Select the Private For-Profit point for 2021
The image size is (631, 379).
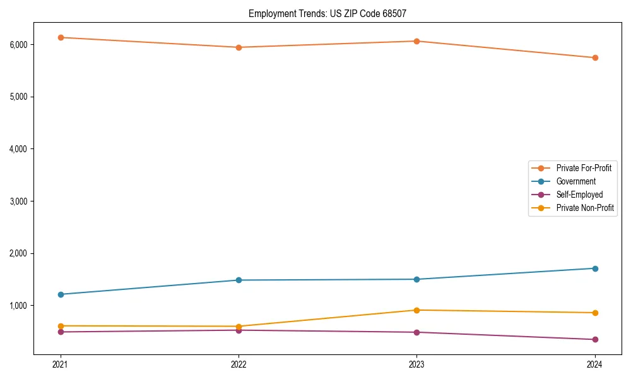tap(61, 37)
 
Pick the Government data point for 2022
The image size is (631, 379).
tap(239, 280)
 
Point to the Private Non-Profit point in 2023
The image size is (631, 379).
tap(416, 310)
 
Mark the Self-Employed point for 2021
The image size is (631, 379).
tap(61, 332)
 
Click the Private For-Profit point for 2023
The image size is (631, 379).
tap(416, 41)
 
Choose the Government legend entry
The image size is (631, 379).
tap(575, 181)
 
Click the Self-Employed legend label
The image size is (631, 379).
tap(579, 195)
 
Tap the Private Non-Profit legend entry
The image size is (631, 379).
tap(585, 208)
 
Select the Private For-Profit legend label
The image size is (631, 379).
tap(584, 168)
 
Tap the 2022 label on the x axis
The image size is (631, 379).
tap(239, 364)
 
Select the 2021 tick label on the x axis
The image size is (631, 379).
tap(61, 364)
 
